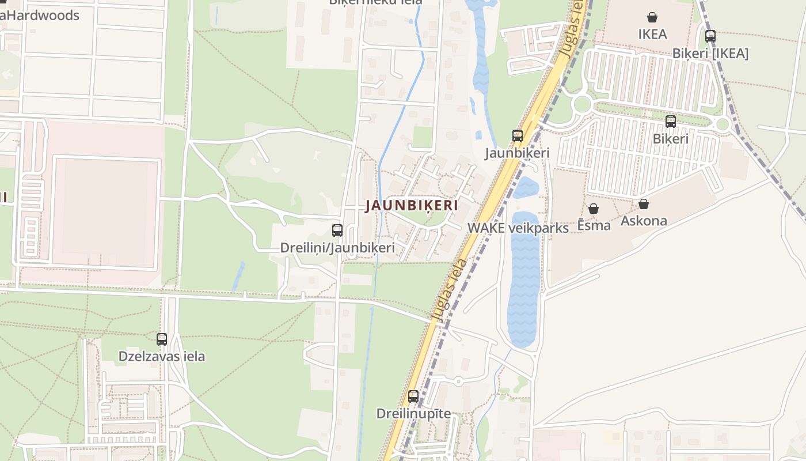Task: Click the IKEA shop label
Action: (x=652, y=34)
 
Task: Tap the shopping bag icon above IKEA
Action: (x=652, y=17)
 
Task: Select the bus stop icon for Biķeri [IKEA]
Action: (x=710, y=36)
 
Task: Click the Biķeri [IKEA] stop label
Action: (x=710, y=54)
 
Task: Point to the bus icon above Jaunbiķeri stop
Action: (x=518, y=136)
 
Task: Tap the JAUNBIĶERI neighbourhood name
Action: (x=412, y=206)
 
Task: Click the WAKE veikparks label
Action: (x=518, y=228)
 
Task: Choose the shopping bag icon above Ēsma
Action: (x=594, y=209)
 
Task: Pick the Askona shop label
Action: (x=644, y=221)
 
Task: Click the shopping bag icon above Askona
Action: (x=644, y=204)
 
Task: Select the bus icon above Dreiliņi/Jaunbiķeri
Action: (x=337, y=231)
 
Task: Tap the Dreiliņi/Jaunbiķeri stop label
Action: (x=337, y=248)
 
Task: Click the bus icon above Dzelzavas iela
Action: (x=162, y=339)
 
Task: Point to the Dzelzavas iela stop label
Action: (x=162, y=356)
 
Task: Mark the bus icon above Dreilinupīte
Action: (x=413, y=396)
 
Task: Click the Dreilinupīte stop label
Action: (x=413, y=414)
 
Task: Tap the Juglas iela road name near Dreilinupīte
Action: (x=451, y=291)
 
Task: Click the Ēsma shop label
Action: (x=594, y=225)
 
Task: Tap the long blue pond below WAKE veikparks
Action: (x=523, y=282)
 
